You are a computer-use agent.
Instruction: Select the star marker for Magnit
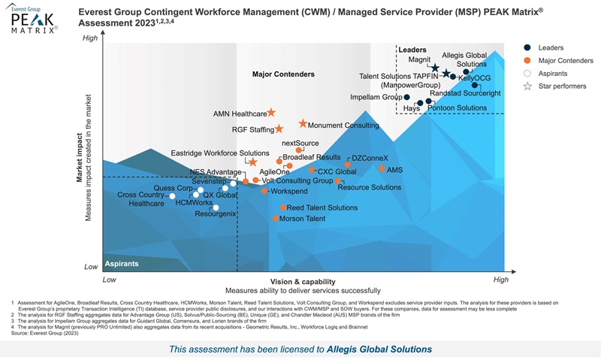[x=435, y=68]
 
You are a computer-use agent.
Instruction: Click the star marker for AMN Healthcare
[x=272, y=113]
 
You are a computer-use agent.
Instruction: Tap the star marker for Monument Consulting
[x=303, y=123]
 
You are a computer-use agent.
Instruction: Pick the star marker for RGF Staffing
[x=279, y=129]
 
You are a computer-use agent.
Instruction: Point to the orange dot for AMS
[x=382, y=169]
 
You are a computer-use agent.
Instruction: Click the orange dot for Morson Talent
[x=276, y=219]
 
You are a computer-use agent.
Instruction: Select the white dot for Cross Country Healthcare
[x=172, y=196]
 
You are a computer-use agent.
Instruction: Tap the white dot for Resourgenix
[x=216, y=207]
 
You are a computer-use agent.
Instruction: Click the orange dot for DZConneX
[x=348, y=164]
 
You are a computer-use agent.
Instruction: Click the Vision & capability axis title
[x=303, y=281]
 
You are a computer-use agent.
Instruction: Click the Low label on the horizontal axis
[x=110, y=279]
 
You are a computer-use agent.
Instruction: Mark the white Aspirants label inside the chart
[x=121, y=264]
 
